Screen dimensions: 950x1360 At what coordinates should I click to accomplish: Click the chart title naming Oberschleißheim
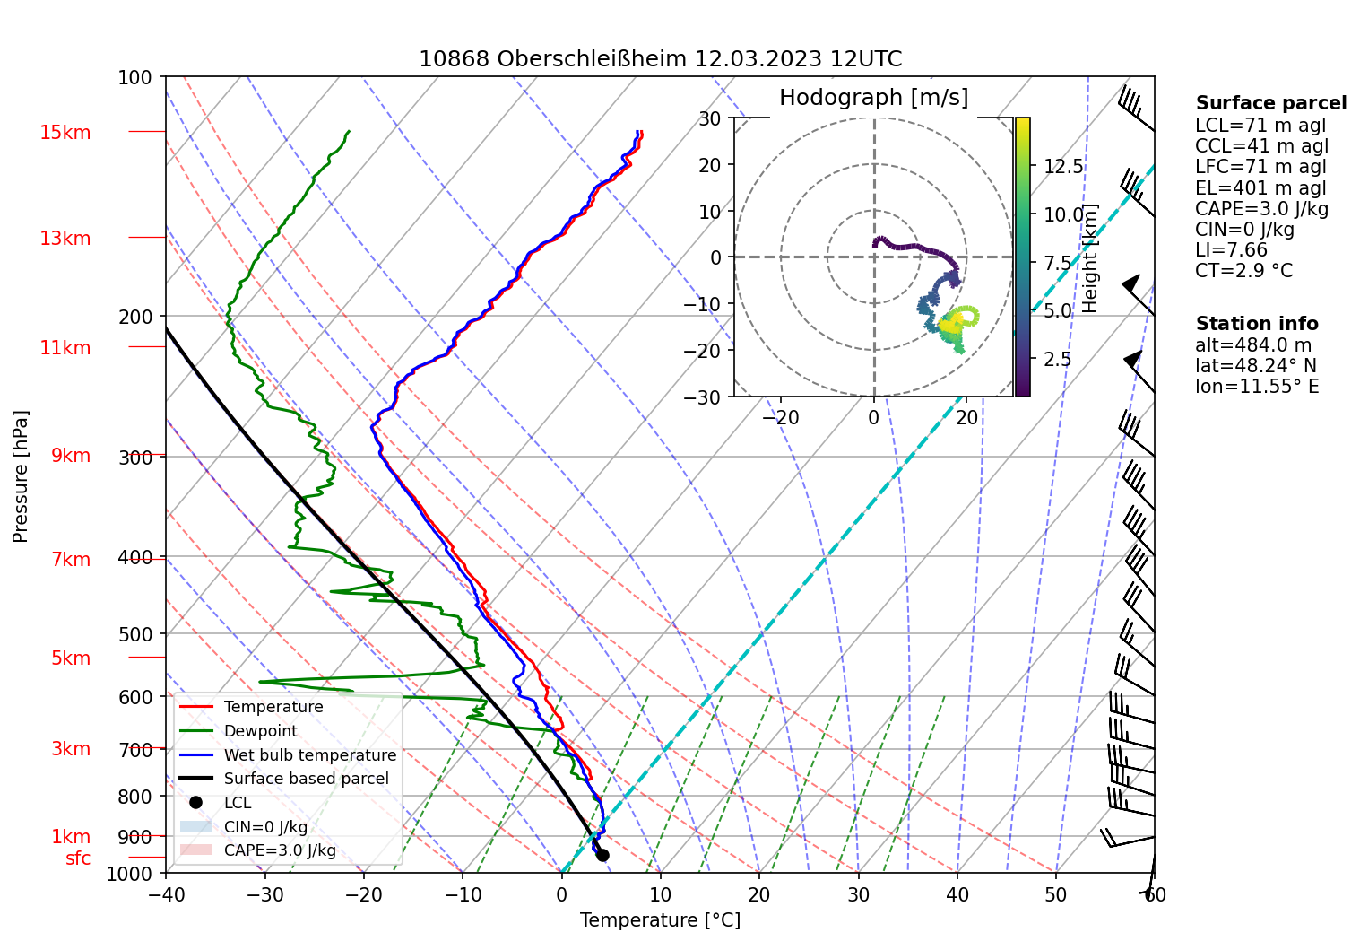click(660, 59)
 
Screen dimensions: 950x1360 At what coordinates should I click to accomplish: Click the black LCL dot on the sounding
click(602, 855)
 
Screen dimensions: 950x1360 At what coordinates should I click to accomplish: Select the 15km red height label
click(65, 133)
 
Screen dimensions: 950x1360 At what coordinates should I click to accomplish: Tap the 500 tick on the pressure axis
click(135, 634)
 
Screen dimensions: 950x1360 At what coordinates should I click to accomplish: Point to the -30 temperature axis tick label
click(264, 894)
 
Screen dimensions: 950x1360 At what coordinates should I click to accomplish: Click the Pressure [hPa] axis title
click(21, 476)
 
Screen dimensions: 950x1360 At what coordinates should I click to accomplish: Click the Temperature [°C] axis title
click(660, 920)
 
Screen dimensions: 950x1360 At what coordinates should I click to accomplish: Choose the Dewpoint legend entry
click(260, 731)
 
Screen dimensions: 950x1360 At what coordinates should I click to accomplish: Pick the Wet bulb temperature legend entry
click(309, 755)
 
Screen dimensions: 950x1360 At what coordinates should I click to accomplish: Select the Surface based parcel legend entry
click(306, 779)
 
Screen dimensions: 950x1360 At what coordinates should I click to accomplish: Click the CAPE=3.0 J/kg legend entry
click(280, 850)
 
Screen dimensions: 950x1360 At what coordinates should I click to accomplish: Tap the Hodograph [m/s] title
click(873, 98)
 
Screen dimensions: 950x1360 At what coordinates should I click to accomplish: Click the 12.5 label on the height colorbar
click(1063, 167)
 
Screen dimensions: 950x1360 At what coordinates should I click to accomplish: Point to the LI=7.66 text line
click(1231, 250)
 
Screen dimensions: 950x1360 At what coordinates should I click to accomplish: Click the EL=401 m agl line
click(1260, 188)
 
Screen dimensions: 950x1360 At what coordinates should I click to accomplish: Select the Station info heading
click(1257, 324)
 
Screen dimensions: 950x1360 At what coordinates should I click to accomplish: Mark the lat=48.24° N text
click(1256, 366)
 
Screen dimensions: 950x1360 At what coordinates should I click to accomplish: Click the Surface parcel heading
click(1271, 103)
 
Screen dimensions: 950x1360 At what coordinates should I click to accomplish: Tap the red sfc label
click(78, 858)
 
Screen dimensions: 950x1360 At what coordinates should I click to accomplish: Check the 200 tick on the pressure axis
click(135, 317)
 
